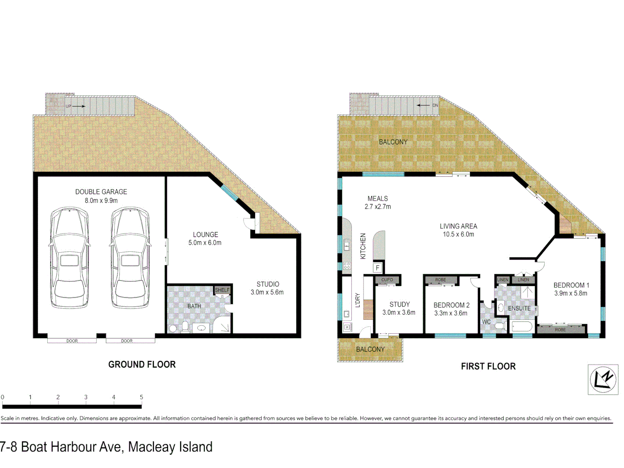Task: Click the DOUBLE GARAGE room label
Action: coord(101,192)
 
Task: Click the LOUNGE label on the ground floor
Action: coord(205,234)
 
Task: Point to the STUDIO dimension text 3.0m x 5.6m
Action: coord(267,292)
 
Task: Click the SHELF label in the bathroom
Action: coord(222,290)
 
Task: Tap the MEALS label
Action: coord(377,198)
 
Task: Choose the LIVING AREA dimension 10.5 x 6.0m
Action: coord(458,234)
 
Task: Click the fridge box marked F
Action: coord(377,268)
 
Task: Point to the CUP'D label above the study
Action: coord(387,280)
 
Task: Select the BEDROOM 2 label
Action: coord(451,305)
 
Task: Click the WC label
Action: coord(486,322)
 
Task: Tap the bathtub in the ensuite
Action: coord(522,326)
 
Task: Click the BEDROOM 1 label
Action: coord(571,285)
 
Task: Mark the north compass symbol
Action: coord(603,380)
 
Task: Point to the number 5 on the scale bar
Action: coord(141,397)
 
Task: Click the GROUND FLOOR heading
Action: coord(142,364)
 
